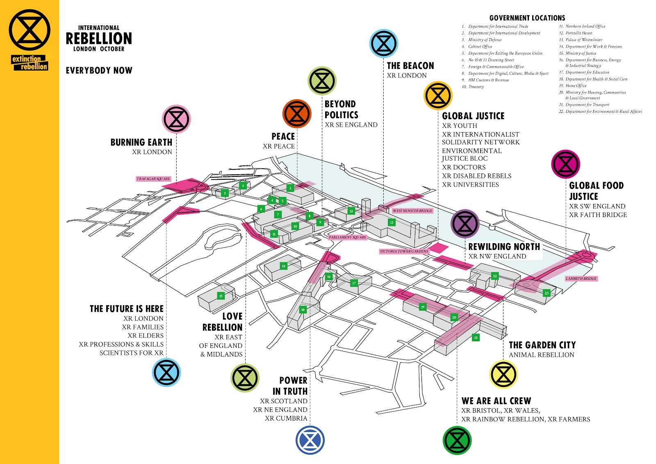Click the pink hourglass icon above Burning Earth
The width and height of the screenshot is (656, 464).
click(x=176, y=119)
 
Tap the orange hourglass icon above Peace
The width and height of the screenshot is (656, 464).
click(x=297, y=113)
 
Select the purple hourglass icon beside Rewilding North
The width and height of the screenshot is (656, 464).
click(x=465, y=224)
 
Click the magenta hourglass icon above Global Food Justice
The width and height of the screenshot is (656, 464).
click(x=565, y=164)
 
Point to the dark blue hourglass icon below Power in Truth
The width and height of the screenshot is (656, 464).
click(x=310, y=440)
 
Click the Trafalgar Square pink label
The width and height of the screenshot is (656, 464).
click(x=153, y=179)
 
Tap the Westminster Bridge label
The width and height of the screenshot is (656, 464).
click(x=412, y=211)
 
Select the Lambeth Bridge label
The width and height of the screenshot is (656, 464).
click(x=581, y=279)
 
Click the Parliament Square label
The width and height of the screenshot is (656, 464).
click(x=347, y=237)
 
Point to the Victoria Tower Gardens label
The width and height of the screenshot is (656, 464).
click(x=404, y=251)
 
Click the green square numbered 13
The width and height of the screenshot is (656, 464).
click(x=392, y=222)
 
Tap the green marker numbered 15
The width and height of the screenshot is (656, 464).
click(x=221, y=296)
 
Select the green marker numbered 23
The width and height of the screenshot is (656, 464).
click(x=546, y=293)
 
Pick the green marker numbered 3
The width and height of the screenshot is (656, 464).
click(x=290, y=188)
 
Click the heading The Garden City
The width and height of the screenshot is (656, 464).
click(x=542, y=345)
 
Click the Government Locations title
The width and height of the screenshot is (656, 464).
click(x=527, y=18)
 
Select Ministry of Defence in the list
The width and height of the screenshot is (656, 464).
click(x=485, y=40)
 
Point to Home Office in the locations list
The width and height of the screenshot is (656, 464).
click(x=576, y=86)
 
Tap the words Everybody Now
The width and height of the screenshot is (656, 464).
click(x=99, y=71)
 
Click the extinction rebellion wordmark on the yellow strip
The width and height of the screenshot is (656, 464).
click(x=30, y=63)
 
